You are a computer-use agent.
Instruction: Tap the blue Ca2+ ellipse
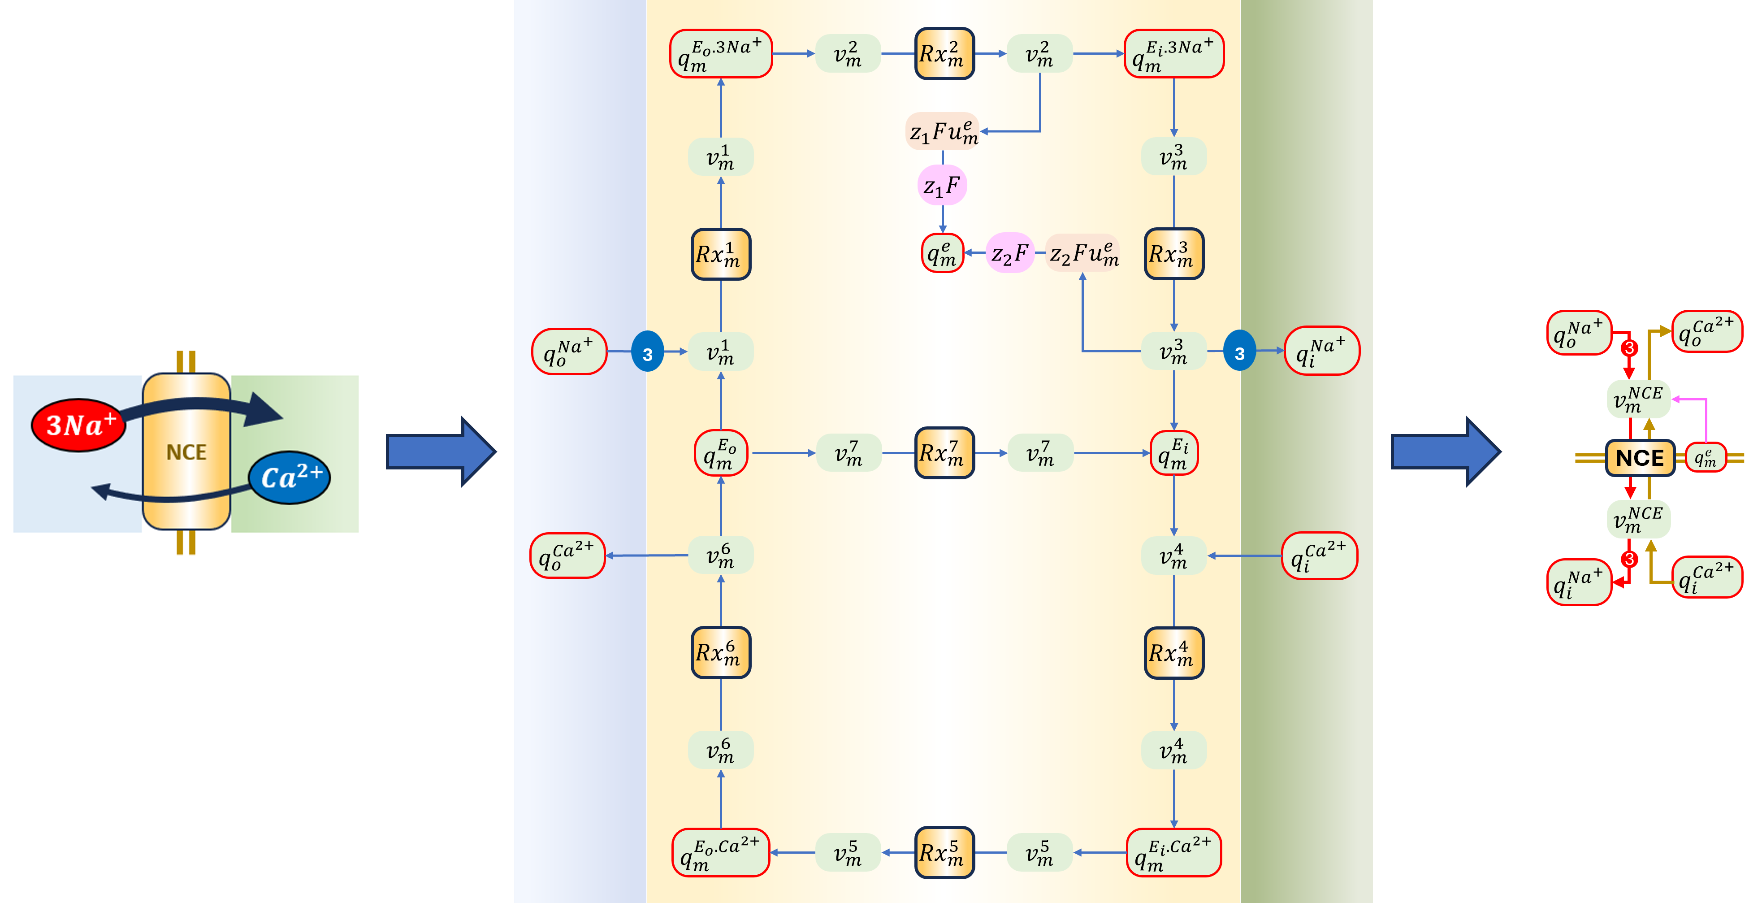pos(290,478)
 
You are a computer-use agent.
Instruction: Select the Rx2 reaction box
pos(944,54)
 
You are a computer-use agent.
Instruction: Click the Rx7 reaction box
pos(944,453)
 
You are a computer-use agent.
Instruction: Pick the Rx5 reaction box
pos(944,853)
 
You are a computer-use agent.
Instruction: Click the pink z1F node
pos(942,185)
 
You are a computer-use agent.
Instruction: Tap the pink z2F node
pos(1009,253)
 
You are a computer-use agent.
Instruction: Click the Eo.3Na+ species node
pos(720,54)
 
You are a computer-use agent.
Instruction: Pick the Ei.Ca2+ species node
pos(1173,853)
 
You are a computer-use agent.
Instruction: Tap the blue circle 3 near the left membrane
pos(647,352)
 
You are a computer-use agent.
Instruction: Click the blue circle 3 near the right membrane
pos(1239,352)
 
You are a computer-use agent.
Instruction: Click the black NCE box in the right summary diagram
pos(1640,458)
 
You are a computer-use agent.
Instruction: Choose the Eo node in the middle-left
pos(720,453)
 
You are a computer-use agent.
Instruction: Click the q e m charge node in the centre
pos(942,253)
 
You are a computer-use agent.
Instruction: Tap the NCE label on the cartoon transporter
pos(186,452)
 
